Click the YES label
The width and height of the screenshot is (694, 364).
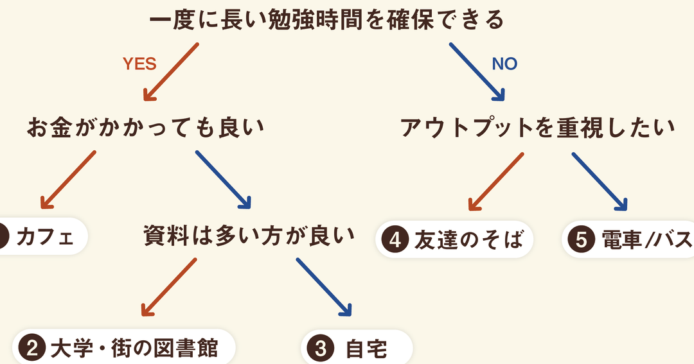pos(139,64)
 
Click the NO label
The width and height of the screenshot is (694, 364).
pos(504,64)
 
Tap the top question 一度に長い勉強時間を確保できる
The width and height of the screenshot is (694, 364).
pos(326,21)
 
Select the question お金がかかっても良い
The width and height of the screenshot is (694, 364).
pos(145,127)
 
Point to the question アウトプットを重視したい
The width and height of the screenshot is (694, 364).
pos(537,127)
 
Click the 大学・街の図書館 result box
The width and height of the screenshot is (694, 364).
pos(125,349)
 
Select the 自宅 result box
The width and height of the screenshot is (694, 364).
pos(357,349)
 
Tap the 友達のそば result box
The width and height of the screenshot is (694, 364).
pos(454,239)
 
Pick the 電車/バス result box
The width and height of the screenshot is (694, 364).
pos(628,239)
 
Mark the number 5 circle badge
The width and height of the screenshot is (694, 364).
pos(581,239)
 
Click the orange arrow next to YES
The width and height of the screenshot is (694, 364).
pos(170,72)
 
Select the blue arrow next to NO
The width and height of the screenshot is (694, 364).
pos(476,72)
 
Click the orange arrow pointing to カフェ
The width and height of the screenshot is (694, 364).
pos(67,180)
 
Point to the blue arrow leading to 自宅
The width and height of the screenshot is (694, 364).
pos(324,286)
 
